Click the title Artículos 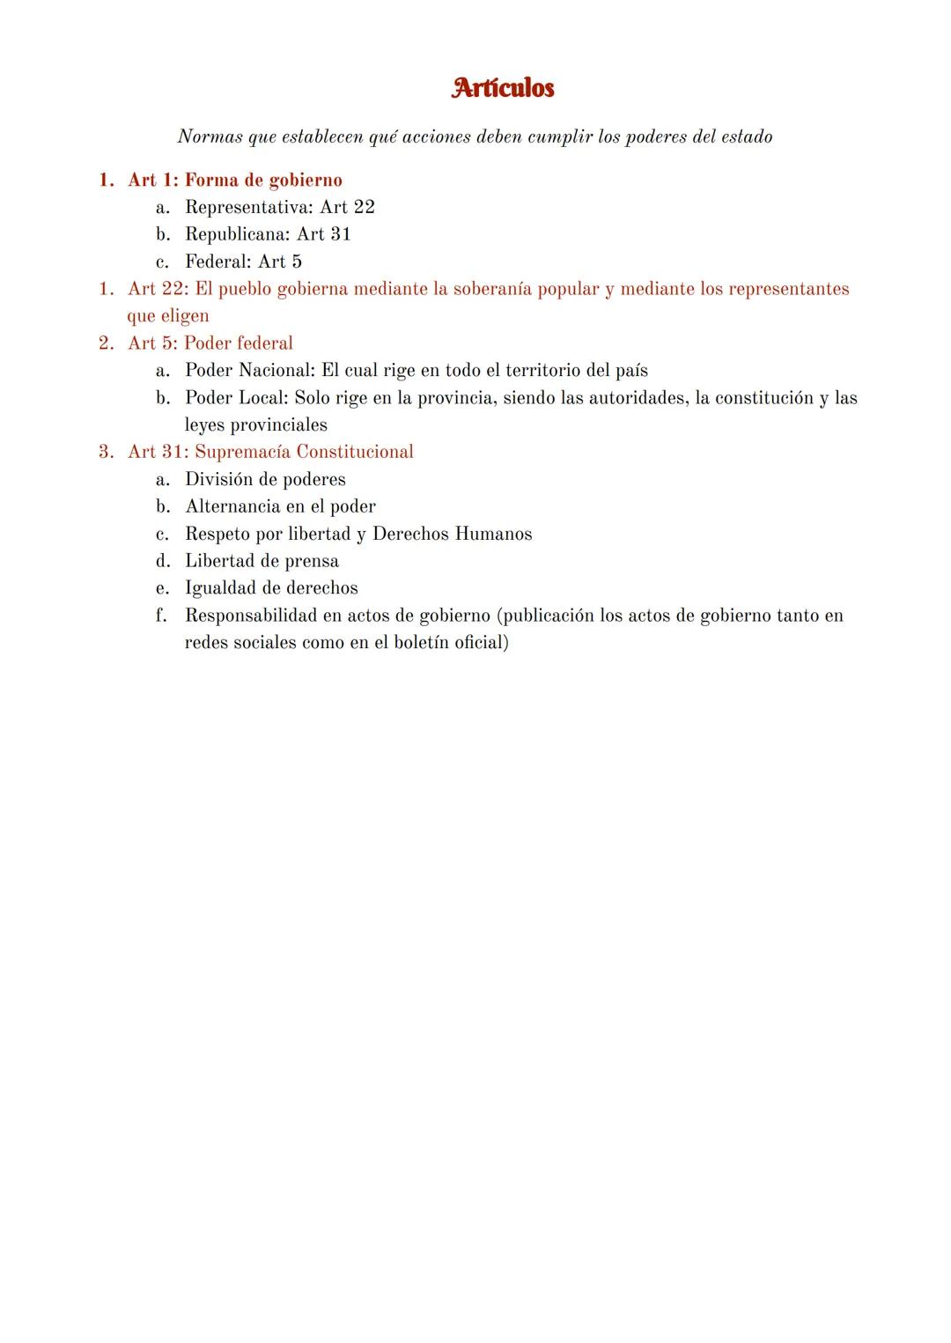coord(503,88)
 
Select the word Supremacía coord(242,453)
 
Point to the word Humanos coord(493,534)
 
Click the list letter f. coord(161,616)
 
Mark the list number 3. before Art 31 coord(107,453)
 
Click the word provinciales coord(278,425)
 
